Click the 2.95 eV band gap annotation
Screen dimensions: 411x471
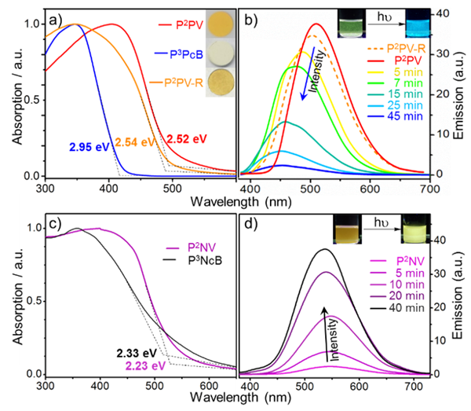pos(89,147)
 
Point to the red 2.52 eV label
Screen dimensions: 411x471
pos(186,139)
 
